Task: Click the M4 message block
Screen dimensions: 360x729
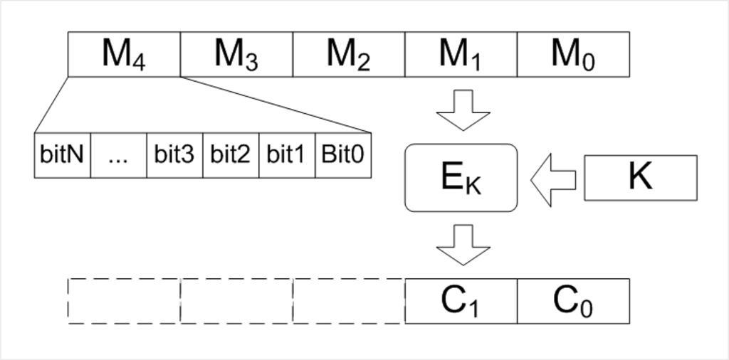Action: (x=124, y=54)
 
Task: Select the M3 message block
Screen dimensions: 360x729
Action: (x=236, y=54)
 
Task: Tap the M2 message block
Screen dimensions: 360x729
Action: (x=349, y=54)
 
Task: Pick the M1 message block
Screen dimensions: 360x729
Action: (x=461, y=54)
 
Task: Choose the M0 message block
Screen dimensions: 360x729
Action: (x=573, y=54)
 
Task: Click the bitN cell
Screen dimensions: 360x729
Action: (x=63, y=155)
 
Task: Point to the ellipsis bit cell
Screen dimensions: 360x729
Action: (x=118, y=155)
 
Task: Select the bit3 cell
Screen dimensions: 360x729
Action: (x=174, y=155)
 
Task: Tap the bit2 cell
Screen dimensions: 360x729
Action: (x=231, y=155)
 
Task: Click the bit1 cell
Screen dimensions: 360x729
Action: (x=287, y=155)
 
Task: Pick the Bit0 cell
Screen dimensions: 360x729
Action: (x=343, y=155)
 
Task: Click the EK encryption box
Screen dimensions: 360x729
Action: (x=461, y=178)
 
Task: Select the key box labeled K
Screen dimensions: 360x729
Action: (x=640, y=178)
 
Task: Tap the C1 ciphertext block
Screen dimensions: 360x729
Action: (x=461, y=301)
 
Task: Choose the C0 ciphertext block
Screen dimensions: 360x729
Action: (x=573, y=301)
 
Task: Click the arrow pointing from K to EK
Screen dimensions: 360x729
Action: (x=554, y=179)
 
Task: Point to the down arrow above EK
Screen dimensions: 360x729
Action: (x=463, y=110)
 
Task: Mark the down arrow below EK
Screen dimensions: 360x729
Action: (x=463, y=245)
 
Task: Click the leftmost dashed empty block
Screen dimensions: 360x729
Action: (x=124, y=301)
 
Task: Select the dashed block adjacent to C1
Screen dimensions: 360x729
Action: (x=349, y=301)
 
